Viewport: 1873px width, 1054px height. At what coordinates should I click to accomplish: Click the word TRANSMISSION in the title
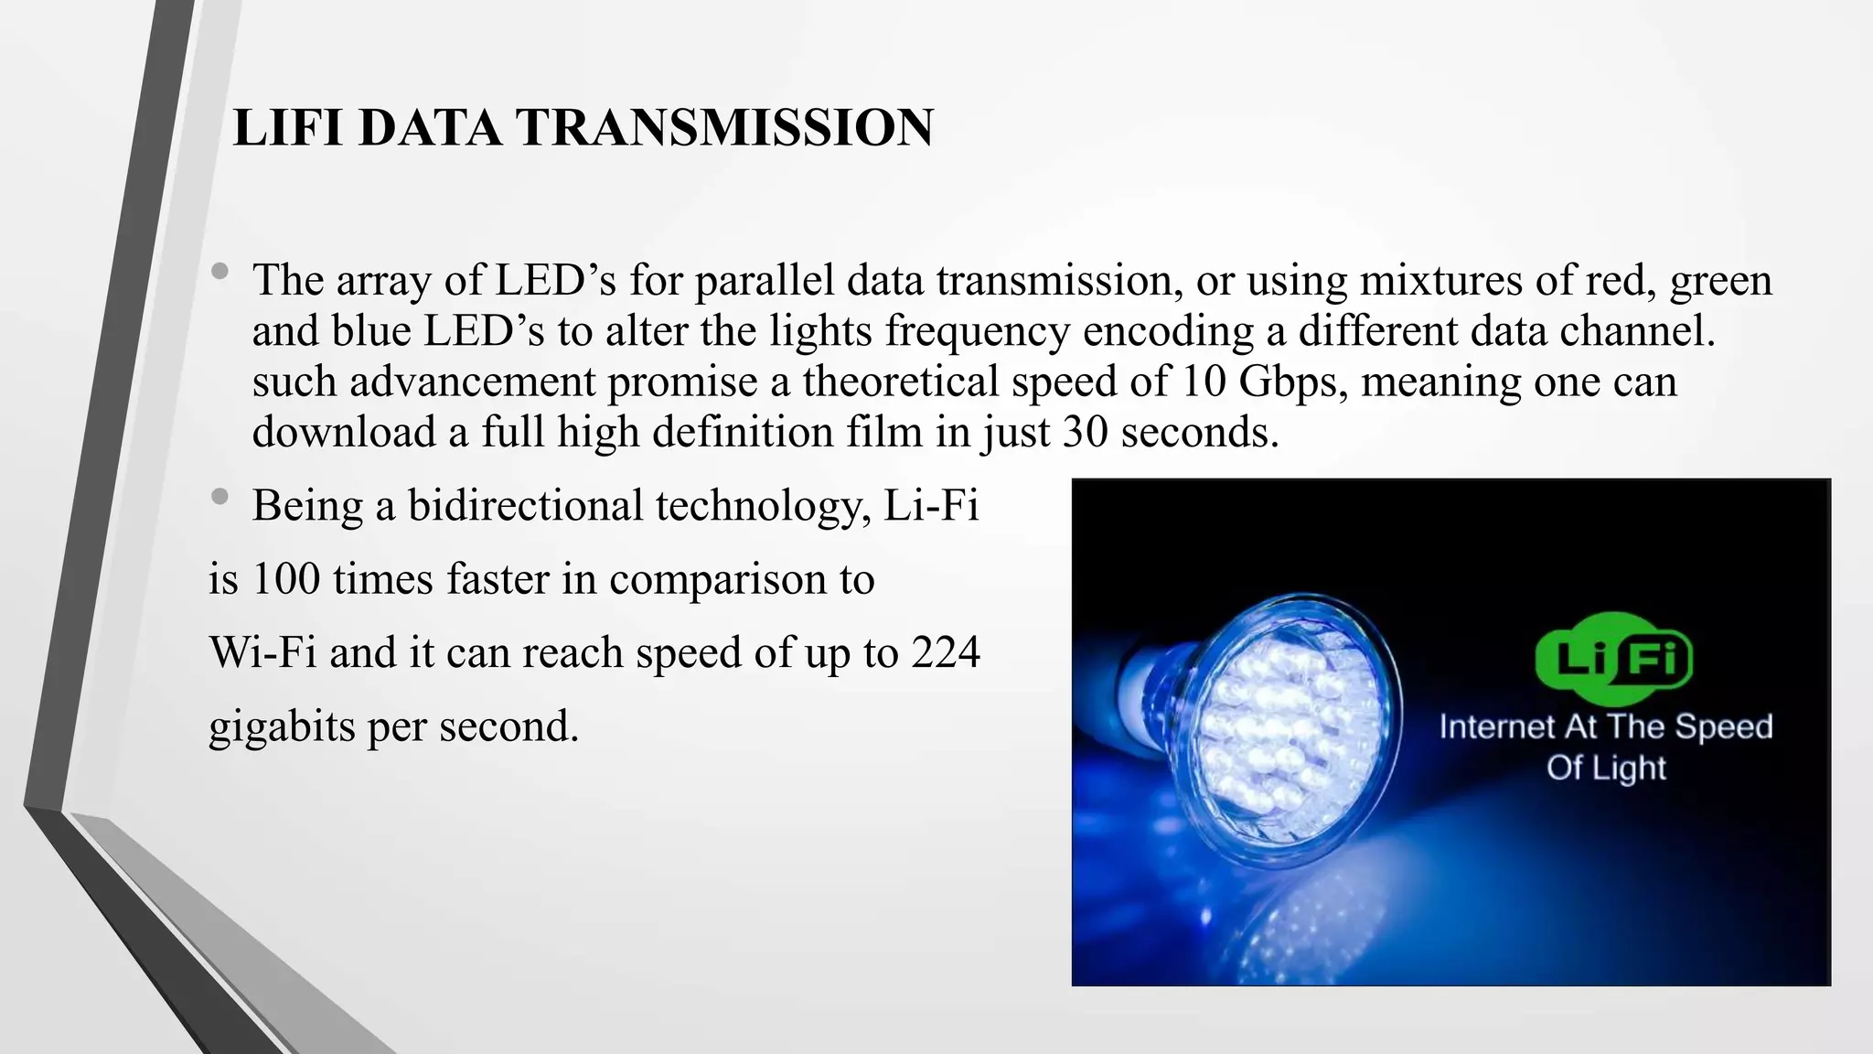(x=725, y=127)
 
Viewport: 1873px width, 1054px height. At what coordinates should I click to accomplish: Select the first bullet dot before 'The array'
(x=219, y=272)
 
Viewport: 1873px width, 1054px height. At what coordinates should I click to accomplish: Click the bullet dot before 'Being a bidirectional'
(x=219, y=497)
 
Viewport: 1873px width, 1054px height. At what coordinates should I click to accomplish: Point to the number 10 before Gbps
(x=1204, y=381)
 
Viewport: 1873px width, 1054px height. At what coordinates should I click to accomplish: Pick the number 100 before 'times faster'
(x=285, y=579)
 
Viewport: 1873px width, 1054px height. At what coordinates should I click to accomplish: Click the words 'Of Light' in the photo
(x=1606, y=767)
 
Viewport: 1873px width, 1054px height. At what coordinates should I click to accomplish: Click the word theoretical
(x=901, y=381)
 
